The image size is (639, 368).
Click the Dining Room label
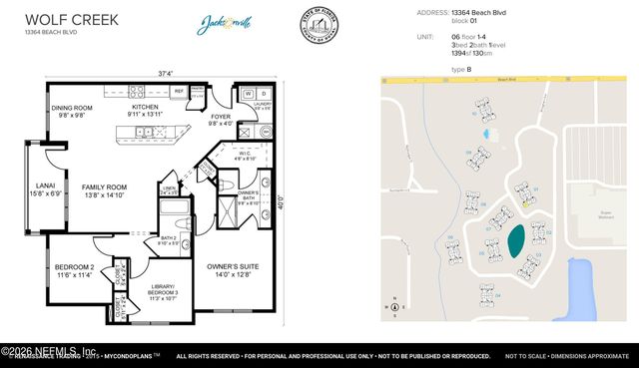tap(72, 111)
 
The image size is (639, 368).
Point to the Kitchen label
tap(146, 110)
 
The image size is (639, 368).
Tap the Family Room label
tap(105, 191)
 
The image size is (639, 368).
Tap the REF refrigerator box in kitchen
tap(179, 92)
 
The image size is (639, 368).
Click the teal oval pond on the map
tap(516, 239)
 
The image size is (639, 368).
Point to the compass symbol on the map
tap(395, 305)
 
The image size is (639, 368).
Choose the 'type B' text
tap(461, 69)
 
